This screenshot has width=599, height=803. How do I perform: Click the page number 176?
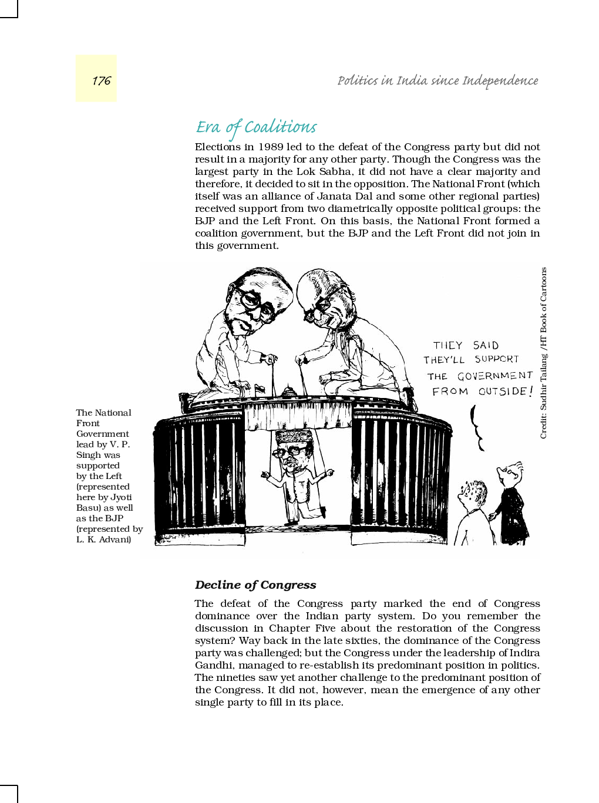click(x=101, y=80)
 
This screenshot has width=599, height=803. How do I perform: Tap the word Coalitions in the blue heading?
click(x=280, y=127)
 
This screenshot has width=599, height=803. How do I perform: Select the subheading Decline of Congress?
click(x=255, y=585)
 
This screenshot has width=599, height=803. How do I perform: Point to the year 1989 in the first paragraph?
click(x=271, y=147)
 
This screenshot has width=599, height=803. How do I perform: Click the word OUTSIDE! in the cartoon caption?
click(x=505, y=391)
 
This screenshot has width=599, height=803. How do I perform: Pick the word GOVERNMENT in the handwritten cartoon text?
click(x=495, y=376)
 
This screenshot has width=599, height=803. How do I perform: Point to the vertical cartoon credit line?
click(x=543, y=352)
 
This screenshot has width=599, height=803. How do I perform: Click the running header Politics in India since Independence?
click(x=438, y=80)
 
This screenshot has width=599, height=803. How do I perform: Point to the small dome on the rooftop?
click(x=288, y=392)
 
